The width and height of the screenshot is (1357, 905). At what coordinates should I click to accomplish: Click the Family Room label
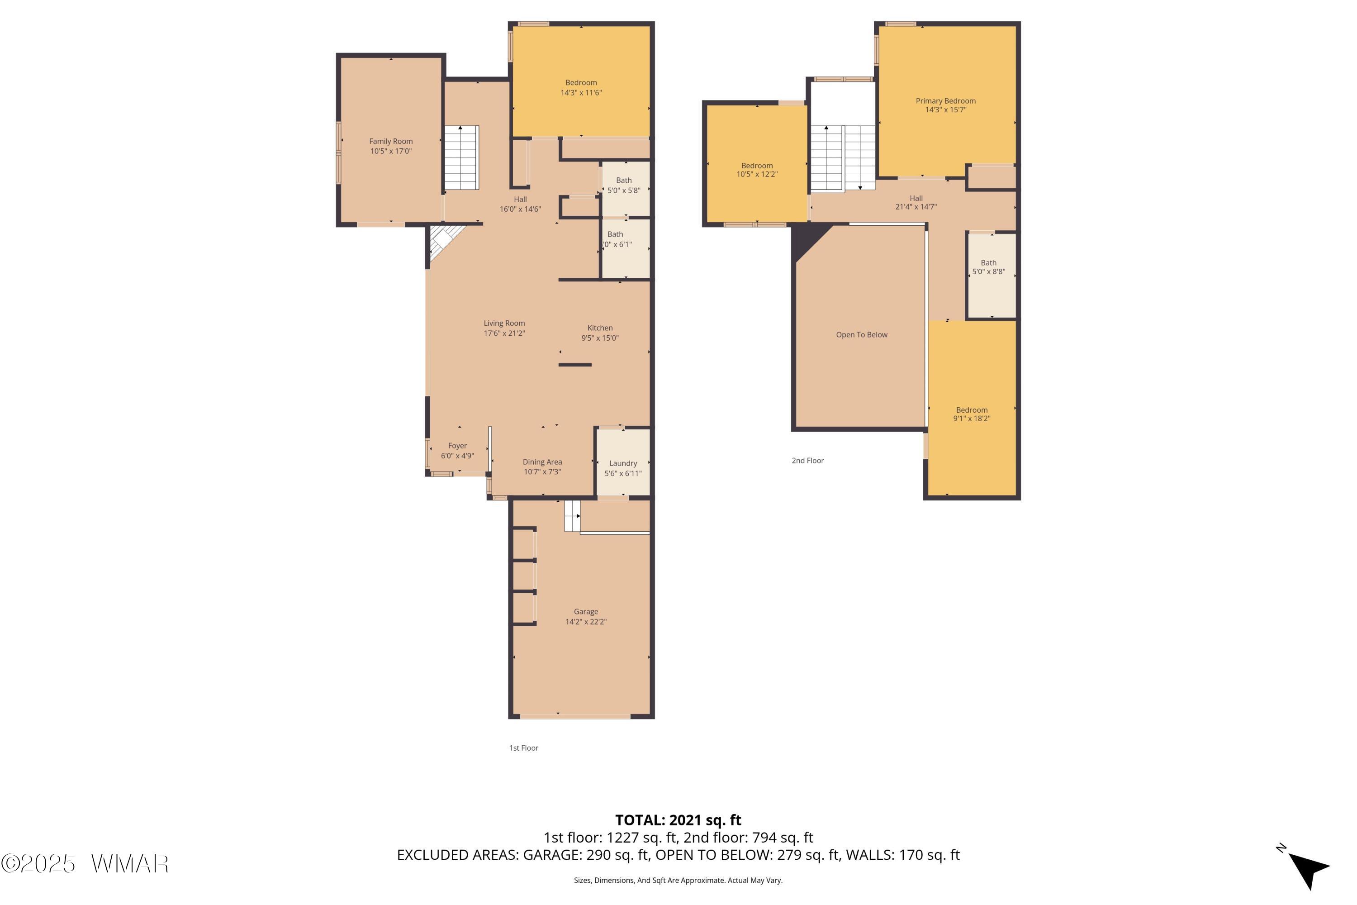click(391, 141)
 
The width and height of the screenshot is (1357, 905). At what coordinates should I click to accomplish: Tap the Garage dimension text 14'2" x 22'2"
click(586, 622)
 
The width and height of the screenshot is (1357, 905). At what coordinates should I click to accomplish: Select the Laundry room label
click(623, 463)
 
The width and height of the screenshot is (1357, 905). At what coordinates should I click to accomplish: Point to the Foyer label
click(457, 446)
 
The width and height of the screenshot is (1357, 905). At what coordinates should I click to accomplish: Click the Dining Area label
click(542, 462)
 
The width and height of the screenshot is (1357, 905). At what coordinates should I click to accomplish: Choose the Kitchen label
click(600, 328)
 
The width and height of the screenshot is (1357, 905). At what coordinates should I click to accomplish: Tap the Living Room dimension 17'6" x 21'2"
click(504, 333)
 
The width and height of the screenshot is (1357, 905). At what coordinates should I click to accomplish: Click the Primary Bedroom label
click(946, 101)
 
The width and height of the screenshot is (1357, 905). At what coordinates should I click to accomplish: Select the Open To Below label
click(861, 335)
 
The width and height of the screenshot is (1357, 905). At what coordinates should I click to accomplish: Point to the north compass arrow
click(1309, 869)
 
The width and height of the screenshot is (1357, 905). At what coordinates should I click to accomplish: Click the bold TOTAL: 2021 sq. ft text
click(678, 820)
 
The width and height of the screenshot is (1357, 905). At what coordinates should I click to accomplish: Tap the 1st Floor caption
click(523, 748)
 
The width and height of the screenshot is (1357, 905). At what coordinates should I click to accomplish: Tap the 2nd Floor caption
click(808, 461)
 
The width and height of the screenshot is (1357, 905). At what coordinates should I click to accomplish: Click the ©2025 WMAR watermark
click(85, 864)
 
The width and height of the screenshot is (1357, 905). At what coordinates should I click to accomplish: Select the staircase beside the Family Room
click(461, 157)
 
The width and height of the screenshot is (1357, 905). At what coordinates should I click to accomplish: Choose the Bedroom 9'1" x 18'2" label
click(972, 414)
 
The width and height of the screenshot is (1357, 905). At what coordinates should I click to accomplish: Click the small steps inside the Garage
click(572, 515)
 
